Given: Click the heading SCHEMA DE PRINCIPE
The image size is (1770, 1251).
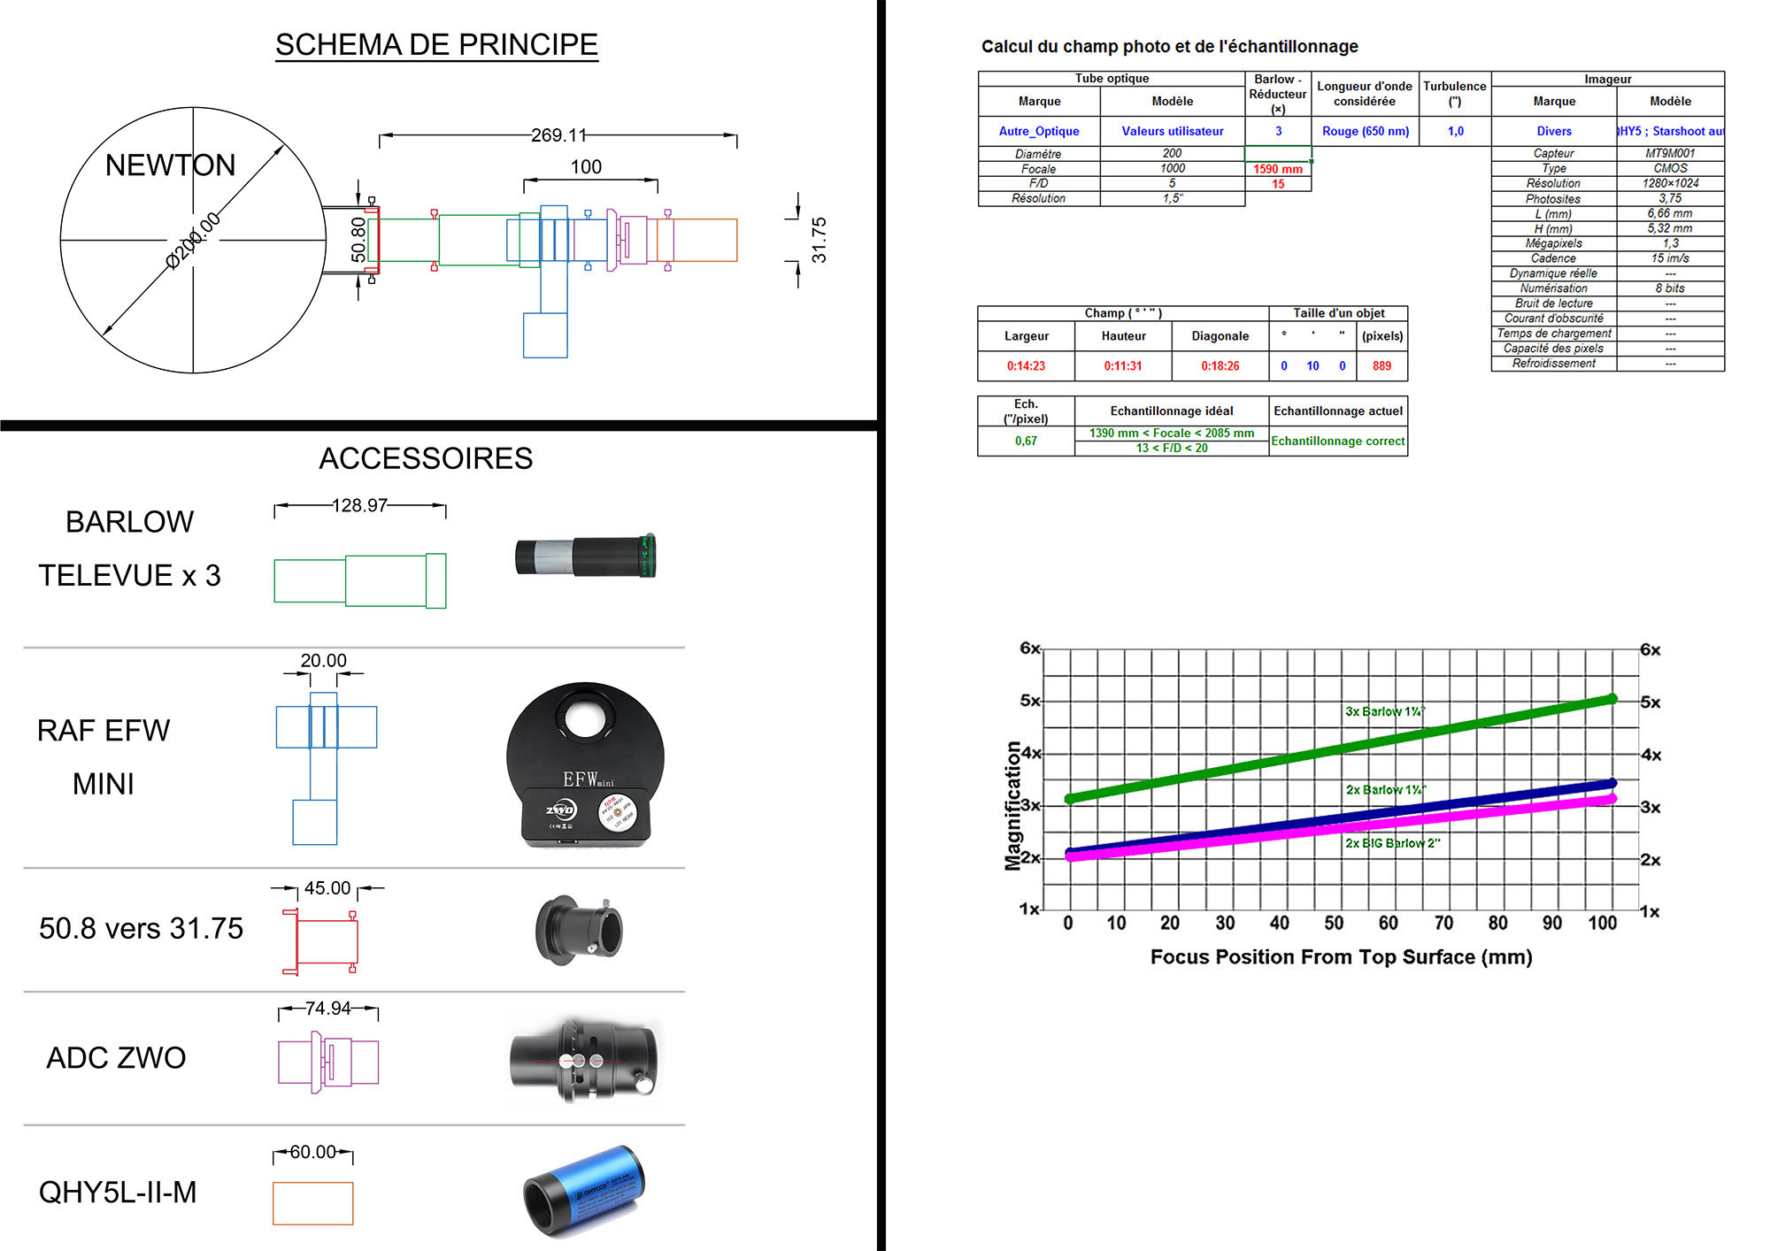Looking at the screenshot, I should pos(436,44).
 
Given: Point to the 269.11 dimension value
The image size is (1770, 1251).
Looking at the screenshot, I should pos(558,135).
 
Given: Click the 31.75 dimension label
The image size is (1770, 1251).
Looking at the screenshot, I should pos(819,240).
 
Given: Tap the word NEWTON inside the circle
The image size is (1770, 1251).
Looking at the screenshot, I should pos(170,165).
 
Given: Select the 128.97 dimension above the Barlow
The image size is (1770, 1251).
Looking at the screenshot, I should pos(359,505).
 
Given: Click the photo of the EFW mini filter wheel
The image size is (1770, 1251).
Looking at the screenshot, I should pos(585,764).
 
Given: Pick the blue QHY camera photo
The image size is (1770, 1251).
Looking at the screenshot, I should pos(584,1190).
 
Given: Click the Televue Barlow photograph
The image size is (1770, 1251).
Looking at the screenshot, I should pos(585,556).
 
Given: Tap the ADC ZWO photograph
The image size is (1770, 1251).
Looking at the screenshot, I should pos(585,1059).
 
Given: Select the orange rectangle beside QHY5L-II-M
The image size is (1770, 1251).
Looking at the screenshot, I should pos(312,1203).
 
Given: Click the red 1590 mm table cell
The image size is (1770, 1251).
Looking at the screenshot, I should pos(1277,169).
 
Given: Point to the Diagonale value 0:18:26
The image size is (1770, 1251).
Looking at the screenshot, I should pos(1220,365).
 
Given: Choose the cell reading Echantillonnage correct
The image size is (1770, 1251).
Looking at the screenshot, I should pos(1337,441).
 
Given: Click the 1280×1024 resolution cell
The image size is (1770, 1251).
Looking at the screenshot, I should pos(1670,183).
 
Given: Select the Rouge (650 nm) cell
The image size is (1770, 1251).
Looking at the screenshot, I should pos(1365,131).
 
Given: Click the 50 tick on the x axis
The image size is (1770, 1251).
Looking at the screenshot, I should pos(1334,923).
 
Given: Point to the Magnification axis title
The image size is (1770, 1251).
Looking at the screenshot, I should pos(1013,805).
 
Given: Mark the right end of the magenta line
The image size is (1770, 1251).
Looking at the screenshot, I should pos(1612,799).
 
